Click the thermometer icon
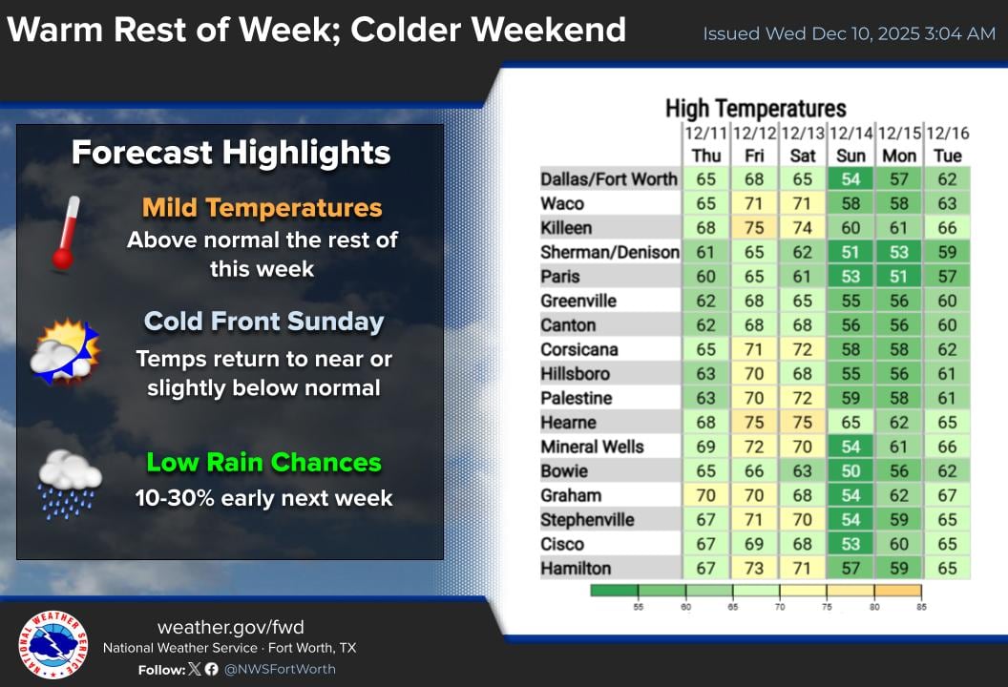click(x=65, y=232)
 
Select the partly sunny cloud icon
click(x=64, y=352)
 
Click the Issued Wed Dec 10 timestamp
click(x=849, y=34)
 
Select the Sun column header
click(x=850, y=156)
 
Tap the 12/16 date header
click(x=947, y=133)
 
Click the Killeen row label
click(x=566, y=228)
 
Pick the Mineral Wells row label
click(x=592, y=447)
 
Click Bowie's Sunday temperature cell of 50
click(x=850, y=470)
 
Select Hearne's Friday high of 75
click(x=754, y=422)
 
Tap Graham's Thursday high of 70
click(x=705, y=495)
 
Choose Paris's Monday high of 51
click(x=898, y=277)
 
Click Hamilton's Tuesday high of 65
click(x=947, y=568)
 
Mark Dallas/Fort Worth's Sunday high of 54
click(x=850, y=179)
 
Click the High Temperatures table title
click(x=755, y=109)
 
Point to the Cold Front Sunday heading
click(x=263, y=322)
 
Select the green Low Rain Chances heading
click(x=263, y=463)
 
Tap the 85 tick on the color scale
click(x=921, y=605)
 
